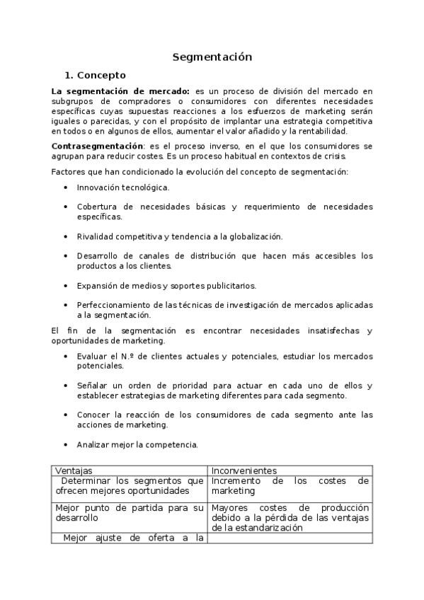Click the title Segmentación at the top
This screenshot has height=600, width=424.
(212, 57)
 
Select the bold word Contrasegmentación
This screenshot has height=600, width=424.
(92, 146)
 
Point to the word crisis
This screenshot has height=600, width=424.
(333, 156)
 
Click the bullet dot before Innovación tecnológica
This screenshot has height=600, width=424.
(66, 187)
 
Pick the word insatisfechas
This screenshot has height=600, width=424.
(321, 331)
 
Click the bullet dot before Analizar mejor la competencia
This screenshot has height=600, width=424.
(66, 445)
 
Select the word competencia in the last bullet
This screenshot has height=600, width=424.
(174, 445)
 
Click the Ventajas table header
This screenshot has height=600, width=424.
(74, 471)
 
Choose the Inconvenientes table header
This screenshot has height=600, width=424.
(244, 471)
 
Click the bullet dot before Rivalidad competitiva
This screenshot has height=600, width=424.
(66, 236)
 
